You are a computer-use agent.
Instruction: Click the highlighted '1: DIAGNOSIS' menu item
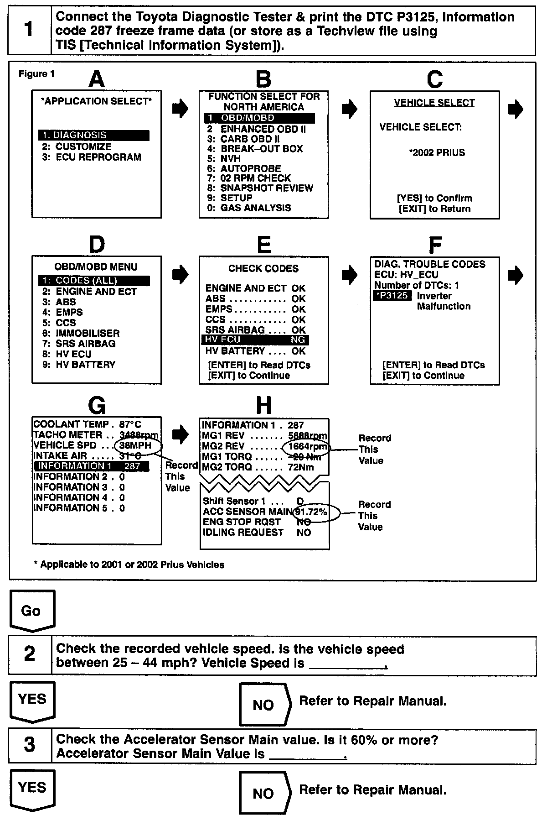93,135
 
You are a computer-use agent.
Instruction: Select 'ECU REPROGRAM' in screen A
98,157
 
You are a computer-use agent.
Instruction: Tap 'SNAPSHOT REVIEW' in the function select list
267,188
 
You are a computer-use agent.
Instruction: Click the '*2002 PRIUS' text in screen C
437,152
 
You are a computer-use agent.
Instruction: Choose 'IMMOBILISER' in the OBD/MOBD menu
88,333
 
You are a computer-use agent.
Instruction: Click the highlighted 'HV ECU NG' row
255,340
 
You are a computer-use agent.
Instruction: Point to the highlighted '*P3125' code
392,296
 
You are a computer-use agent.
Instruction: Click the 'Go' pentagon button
31,610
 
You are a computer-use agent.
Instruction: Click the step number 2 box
30,655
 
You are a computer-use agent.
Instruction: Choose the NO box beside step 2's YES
263,705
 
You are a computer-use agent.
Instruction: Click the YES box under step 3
32,787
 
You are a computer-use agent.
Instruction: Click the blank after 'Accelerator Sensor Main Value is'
308,754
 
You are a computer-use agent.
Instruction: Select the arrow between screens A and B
181,109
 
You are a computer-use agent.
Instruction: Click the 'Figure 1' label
36,74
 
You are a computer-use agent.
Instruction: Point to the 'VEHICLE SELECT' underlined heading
434,103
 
